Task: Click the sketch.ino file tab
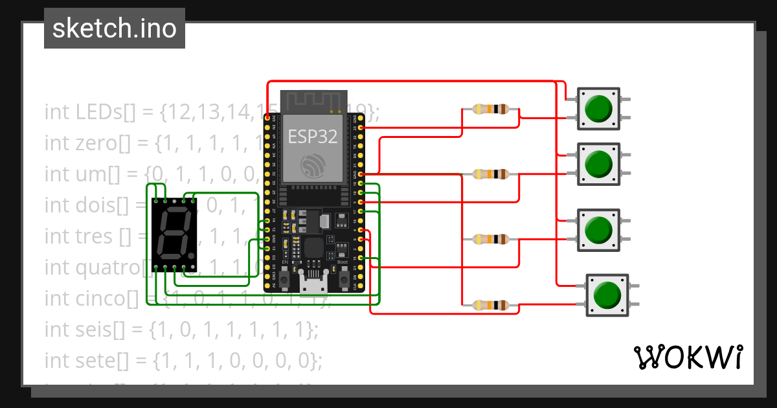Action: coord(115,28)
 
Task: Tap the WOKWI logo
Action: coord(688,357)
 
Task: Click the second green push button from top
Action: coord(598,164)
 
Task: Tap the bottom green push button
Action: coord(607,295)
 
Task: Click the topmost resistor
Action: coord(491,109)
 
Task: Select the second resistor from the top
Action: coord(491,174)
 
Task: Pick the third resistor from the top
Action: coord(491,239)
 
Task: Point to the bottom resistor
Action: coord(491,304)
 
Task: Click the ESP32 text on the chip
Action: coord(313,137)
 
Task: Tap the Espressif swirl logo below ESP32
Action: coord(313,167)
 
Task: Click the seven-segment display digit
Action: coord(172,234)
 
